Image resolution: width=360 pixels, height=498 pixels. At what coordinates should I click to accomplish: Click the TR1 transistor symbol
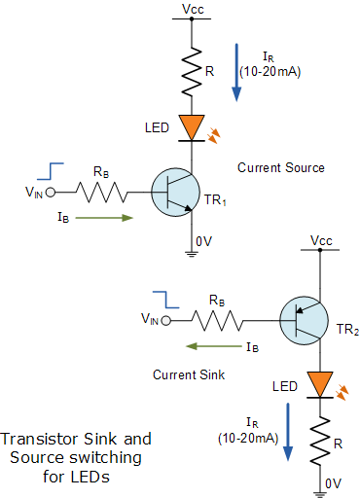point(175,193)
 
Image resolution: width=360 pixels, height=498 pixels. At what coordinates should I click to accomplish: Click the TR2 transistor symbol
point(304,320)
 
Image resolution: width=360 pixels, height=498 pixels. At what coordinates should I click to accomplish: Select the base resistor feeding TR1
point(102,193)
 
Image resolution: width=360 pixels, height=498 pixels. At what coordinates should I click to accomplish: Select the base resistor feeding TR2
point(217,320)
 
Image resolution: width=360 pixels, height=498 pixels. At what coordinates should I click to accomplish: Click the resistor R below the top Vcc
point(192,72)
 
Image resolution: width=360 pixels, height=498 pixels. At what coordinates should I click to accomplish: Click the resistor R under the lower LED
point(320,442)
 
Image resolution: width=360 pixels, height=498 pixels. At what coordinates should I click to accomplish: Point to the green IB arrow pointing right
point(104,218)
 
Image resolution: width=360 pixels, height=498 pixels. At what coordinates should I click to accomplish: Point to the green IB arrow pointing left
point(214,346)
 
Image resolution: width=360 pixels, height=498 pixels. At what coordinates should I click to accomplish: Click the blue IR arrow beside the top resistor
point(237,73)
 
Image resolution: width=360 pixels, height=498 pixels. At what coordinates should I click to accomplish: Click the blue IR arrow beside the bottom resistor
point(288,432)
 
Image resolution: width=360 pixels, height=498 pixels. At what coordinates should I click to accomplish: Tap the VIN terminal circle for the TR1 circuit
point(51,193)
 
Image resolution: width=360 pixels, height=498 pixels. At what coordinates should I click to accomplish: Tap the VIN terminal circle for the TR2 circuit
point(166,321)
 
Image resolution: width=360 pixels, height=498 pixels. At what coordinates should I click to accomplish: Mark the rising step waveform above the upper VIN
point(51,171)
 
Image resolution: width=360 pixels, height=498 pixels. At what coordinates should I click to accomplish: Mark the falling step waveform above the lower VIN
point(165,300)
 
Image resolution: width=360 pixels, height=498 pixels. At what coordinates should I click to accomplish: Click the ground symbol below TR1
point(192,254)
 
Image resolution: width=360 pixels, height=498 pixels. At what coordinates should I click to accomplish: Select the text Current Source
point(281,167)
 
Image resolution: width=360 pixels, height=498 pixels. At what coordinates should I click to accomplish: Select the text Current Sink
point(189,374)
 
